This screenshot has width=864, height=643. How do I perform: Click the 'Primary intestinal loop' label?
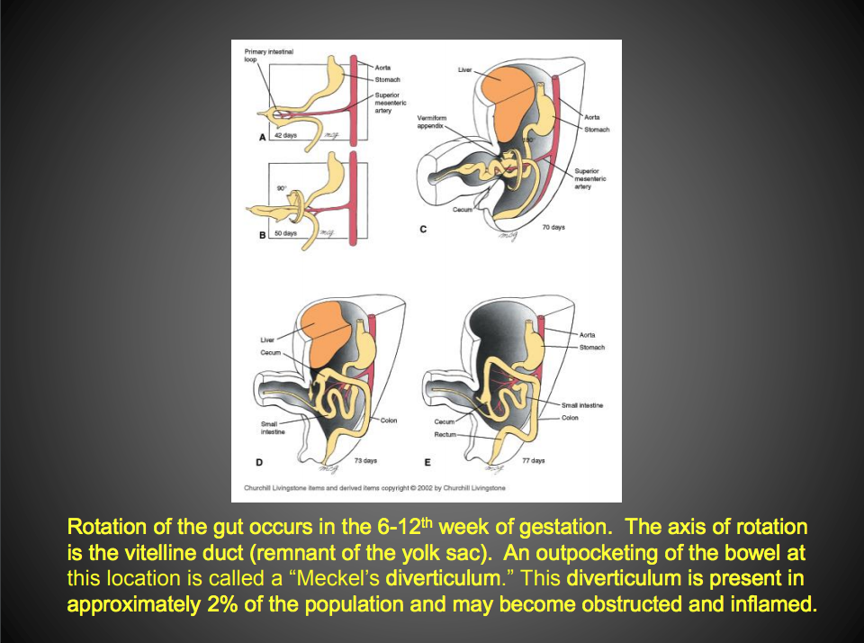point(268,55)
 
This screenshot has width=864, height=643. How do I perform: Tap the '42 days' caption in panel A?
point(285,135)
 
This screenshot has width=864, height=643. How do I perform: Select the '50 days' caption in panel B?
point(285,233)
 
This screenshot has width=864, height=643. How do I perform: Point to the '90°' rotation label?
point(282,188)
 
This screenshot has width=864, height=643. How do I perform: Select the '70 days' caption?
point(553,228)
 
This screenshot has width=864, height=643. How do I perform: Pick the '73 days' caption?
point(364,460)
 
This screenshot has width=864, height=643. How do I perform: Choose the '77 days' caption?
point(533,460)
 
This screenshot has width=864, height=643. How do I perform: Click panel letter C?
point(423,229)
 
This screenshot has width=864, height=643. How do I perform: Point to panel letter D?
point(259,462)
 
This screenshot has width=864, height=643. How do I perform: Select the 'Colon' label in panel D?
point(389,421)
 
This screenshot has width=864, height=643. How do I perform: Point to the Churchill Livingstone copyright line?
point(374,488)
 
